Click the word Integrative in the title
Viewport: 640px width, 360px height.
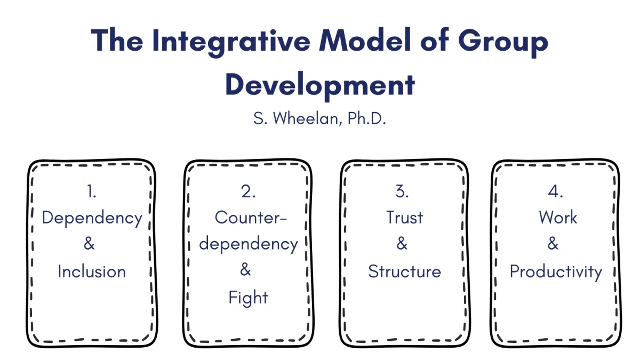pyautogui.click(x=231, y=41)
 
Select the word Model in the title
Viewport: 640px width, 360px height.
pyautogui.click(x=365, y=40)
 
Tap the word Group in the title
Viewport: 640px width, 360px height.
pyautogui.click(x=503, y=42)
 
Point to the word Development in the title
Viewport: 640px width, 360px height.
pyautogui.click(x=320, y=85)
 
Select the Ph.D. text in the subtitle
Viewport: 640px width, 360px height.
pyautogui.click(x=366, y=118)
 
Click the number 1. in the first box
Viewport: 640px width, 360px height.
pyautogui.click(x=91, y=191)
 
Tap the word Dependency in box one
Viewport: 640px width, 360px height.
pyautogui.click(x=92, y=219)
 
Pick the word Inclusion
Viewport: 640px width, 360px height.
pyautogui.click(x=92, y=271)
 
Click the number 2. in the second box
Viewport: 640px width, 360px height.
pyautogui.click(x=248, y=191)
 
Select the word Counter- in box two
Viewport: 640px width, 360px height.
pyautogui.click(x=251, y=218)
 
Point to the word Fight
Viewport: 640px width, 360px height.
pyautogui.click(x=248, y=298)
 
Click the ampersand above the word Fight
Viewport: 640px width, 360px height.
pyautogui.click(x=245, y=269)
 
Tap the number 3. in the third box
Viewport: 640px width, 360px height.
pyautogui.click(x=402, y=191)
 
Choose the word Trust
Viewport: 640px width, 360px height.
pyautogui.click(x=404, y=218)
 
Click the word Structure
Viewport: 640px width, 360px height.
pyautogui.click(x=404, y=271)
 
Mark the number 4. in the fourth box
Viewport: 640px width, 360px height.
pyautogui.click(x=555, y=191)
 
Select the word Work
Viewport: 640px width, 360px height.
pyautogui.click(x=558, y=218)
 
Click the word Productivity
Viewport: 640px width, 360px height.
pyautogui.click(x=556, y=273)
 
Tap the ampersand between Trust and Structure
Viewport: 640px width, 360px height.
pyautogui.click(x=402, y=243)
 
